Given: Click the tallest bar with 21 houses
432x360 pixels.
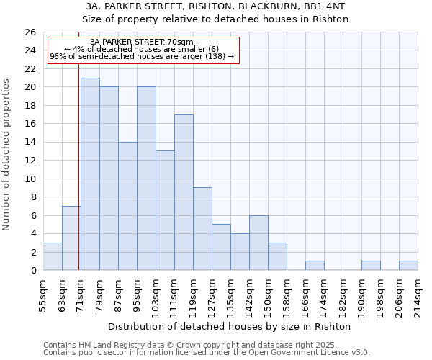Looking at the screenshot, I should click(90, 174).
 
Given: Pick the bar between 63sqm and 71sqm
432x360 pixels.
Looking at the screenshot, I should click(71, 238).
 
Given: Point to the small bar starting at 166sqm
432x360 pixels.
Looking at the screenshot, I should click(315, 266).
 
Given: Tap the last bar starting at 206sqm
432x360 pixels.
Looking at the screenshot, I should click(408, 266).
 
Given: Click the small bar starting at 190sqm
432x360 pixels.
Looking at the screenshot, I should click(371, 266).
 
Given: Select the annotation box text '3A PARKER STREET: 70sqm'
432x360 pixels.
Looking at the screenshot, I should click(142, 42).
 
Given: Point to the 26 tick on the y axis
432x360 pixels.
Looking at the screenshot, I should click(30, 32).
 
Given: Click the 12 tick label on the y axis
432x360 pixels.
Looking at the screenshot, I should click(30, 161).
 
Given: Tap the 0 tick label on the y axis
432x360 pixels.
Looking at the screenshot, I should click(32, 271).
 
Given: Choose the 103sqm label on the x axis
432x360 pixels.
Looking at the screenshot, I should click(156, 295).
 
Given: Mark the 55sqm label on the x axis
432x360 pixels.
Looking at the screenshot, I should click(43, 295).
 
